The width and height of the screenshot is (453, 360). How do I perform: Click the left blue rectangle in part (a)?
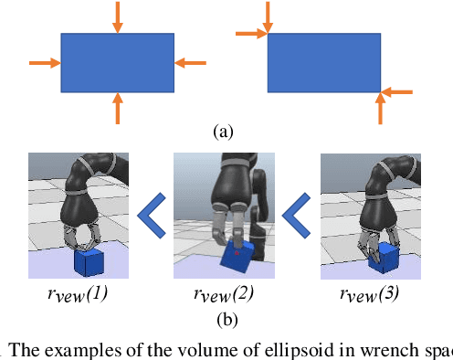pyautogui.click(x=117, y=62)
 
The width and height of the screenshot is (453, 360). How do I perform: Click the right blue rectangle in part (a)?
pyautogui.click(x=324, y=62)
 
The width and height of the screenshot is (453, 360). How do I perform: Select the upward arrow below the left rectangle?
pyautogui.click(x=117, y=108)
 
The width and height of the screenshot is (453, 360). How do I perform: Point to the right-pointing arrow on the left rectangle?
pyautogui.click(x=44, y=62)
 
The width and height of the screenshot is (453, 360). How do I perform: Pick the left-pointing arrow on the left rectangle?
pyautogui.click(x=191, y=62)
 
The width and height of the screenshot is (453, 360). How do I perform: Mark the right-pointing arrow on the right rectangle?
pyautogui.click(x=250, y=35)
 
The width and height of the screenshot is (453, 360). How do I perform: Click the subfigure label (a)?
pyautogui.click(x=222, y=132)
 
